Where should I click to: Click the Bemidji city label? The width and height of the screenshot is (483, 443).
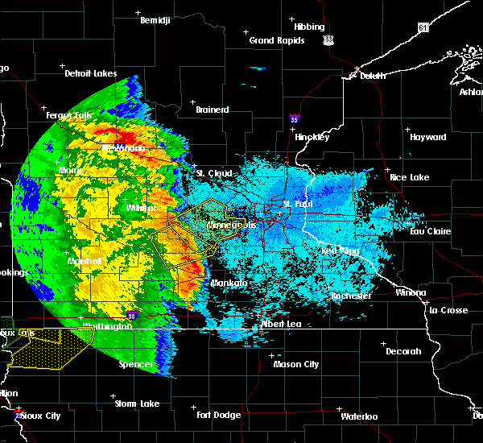point(155,20)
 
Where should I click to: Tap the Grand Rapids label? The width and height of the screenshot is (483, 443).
point(276,40)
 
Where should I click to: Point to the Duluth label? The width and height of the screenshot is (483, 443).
point(369,76)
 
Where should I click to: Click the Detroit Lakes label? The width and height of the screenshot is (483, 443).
point(90,73)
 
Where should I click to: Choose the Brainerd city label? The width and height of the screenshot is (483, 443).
point(213,110)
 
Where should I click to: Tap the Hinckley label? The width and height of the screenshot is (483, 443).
point(312,137)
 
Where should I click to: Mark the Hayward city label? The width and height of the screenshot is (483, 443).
point(427,137)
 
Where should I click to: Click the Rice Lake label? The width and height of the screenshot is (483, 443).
point(409,177)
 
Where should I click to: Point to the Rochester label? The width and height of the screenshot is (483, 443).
point(352,296)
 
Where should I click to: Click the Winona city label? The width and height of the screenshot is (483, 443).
point(411,292)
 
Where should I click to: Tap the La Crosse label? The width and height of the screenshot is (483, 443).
point(448,310)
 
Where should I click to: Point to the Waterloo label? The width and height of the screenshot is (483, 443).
point(359,416)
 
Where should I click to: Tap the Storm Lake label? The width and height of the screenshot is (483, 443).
point(136,404)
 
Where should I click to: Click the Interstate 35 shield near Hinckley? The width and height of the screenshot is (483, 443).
point(295,119)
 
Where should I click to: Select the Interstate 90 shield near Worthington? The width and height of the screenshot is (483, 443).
point(132,315)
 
